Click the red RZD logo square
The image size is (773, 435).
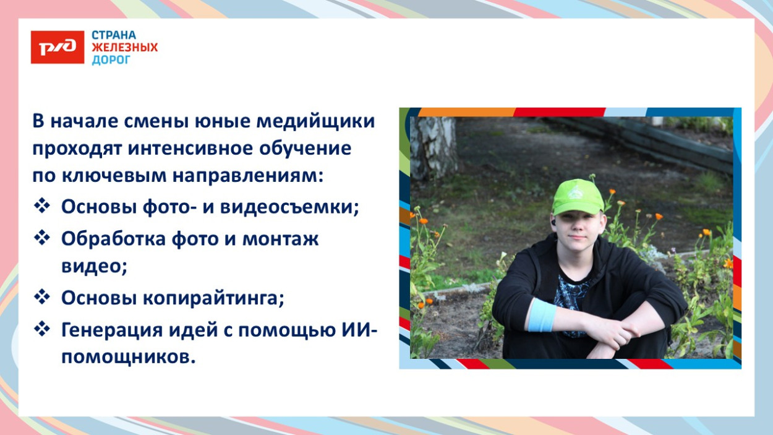[58, 48]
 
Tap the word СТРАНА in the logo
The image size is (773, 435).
[114, 35]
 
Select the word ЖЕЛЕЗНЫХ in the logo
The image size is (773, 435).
[125, 48]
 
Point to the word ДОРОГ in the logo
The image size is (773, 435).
[111, 60]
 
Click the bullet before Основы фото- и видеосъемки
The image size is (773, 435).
[42, 207]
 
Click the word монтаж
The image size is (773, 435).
[280, 238]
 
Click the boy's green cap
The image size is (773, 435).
[578, 197]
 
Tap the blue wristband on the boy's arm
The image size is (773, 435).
[540, 315]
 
